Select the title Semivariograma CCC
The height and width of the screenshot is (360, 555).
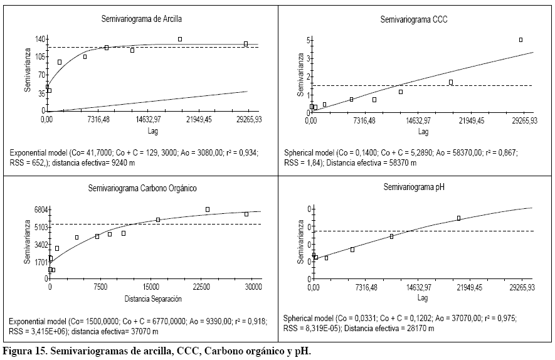(413, 19)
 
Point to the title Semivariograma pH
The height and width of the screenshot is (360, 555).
(414, 188)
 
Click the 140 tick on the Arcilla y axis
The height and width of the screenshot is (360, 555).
(40, 39)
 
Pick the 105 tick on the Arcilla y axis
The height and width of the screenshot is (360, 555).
(40, 57)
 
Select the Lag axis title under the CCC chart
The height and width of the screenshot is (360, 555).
(423, 132)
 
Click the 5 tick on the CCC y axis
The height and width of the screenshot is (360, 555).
(302, 40)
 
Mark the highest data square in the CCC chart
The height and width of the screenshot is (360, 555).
(521, 40)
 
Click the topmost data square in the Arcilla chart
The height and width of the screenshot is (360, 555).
(179, 39)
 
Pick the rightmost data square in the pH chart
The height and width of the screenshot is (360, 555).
(458, 218)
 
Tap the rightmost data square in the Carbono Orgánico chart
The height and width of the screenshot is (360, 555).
(246, 214)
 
